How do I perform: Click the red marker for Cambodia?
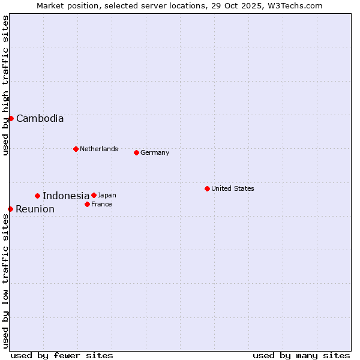click(x=11, y=118)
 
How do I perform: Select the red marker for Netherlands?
click(x=76, y=149)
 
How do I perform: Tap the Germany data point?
click(x=136, y=152)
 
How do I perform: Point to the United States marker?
click(x=207, y=188)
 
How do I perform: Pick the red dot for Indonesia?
click(x=37, y=196)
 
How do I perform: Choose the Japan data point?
click(x=94, y=195)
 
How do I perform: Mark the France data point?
click(x=87, y=204)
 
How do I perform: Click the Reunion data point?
click(x=10, y=209)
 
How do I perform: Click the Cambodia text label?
click(x=40, y=118)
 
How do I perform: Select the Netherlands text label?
click(x=99, y=149)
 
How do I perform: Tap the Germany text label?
click(x=155, y=152)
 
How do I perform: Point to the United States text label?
click(x=233, y=188)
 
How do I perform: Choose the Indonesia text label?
click(x=66, y=196)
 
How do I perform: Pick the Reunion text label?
click(x=35, y=209)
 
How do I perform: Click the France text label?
click(x=101, y=204)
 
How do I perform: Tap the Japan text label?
click(x=107, y=195)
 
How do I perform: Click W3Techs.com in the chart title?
click(x=294, y=5)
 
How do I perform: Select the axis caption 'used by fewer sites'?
click(x=62, y=355)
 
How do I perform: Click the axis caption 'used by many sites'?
click(x=301, y=355)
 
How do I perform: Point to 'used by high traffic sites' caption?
click(x=5, y=85)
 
